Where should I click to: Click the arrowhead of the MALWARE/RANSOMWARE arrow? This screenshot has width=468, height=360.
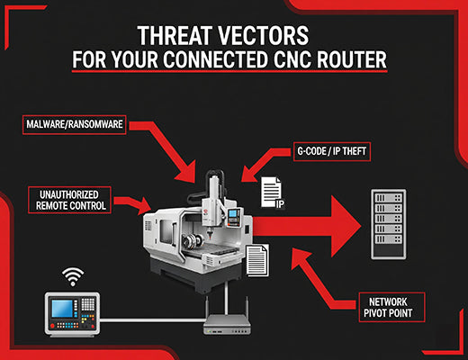tap(194, 167)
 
